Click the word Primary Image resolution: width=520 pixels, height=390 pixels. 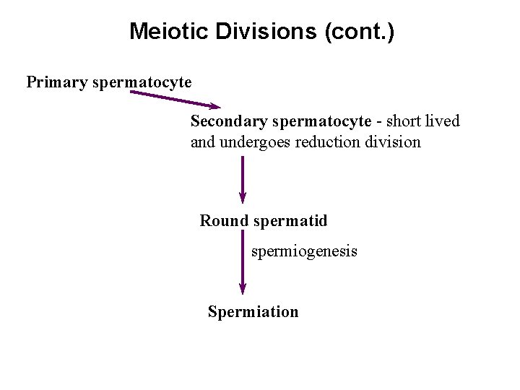(58, 82)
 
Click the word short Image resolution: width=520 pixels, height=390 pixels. (405, 121)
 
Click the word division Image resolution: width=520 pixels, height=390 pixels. (394, 142)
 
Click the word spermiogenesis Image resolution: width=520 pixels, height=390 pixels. (304, 252)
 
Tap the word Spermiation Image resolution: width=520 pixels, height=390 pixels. (253, 312)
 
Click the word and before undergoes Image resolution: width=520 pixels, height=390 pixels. (203, 142)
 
